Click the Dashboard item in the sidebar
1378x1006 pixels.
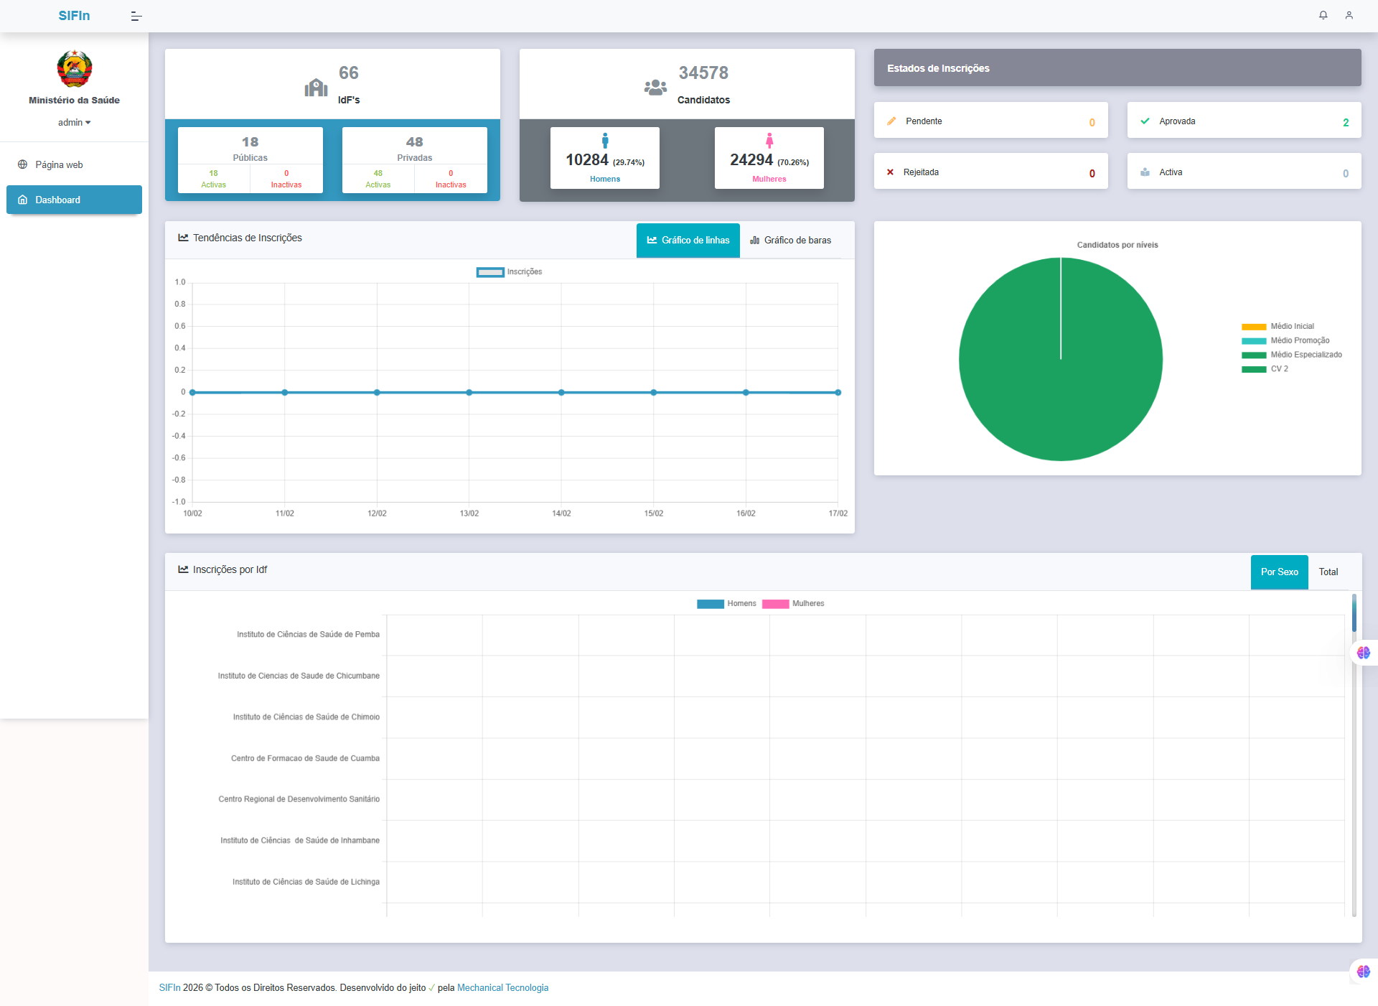click(74, 200)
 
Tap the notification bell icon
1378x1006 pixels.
click(1323, 15)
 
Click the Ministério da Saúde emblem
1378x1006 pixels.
click(75, 69)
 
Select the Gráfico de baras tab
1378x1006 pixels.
click(790, 240)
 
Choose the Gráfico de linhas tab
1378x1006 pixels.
click(688, 240)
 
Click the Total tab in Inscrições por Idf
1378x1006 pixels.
click(1328, 572)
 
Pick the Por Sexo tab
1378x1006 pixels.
click(1279, 572)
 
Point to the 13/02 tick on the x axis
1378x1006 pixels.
click(469, 513)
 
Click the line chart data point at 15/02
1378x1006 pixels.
click(654, 393)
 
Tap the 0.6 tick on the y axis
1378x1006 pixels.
click(180, 326)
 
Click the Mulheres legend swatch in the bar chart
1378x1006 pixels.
click(775, 604)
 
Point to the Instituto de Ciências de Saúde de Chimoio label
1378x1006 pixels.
click(306, 717)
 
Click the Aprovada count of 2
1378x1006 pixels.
click(1346, 122)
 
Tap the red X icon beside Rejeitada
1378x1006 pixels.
click(890, 172)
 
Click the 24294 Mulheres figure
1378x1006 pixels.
click(751, 160)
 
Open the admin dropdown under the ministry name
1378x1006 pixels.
click(75, 123)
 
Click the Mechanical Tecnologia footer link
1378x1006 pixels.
click(502, 988)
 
